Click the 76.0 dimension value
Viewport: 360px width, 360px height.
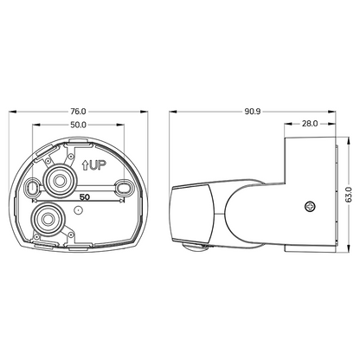click(78, 111)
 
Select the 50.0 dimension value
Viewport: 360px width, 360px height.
click(78, 125)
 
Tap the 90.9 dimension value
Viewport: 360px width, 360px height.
click(253, 112)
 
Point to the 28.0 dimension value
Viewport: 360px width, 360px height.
click(310, 124)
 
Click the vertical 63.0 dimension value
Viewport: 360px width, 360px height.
click(349, 195)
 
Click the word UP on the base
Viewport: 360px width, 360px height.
click(98, 165)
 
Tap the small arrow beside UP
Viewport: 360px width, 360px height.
click(85, 165)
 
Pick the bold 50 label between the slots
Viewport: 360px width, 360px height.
click(85, 197)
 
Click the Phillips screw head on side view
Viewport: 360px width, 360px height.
click(310, 207)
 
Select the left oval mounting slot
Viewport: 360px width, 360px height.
click(32, 188)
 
